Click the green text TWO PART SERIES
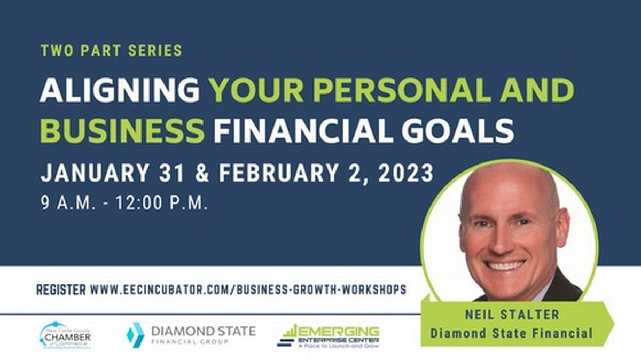(x=111, y=51)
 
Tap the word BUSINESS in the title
(x=122, y=130)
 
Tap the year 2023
(x=407, y=174)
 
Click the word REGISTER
(x=61, y=289)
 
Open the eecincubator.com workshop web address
(x=248, y=289)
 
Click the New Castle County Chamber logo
(x=65, y=335)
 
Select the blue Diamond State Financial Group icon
(x=135, y=335)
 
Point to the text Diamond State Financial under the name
(x=511, y=334)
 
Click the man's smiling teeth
(x=505, y=265)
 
